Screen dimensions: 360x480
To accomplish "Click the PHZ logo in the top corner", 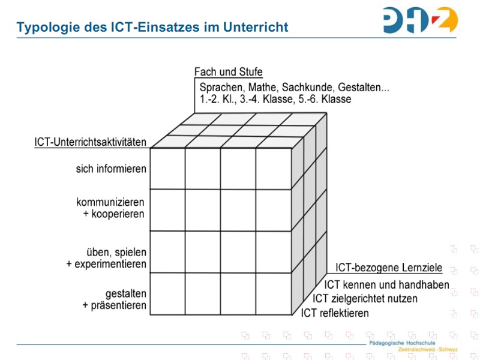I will (x=419, y=20).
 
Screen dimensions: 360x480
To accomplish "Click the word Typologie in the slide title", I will (x=45, y=27).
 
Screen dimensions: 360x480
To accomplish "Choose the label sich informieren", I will (x=111, y=169).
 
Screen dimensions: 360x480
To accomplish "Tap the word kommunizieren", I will (x=110, y=202).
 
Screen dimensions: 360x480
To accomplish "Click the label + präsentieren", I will (x=114, y=306).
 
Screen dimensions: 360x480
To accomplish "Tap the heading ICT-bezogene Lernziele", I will (x=388, y=268).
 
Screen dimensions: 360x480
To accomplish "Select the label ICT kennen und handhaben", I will (x=386, y=285).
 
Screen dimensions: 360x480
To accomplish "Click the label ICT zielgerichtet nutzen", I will (x=365, y=299).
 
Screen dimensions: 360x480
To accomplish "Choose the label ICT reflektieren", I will (x=335, y=313).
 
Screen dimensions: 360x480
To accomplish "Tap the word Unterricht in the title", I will (x=257, y=27).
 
